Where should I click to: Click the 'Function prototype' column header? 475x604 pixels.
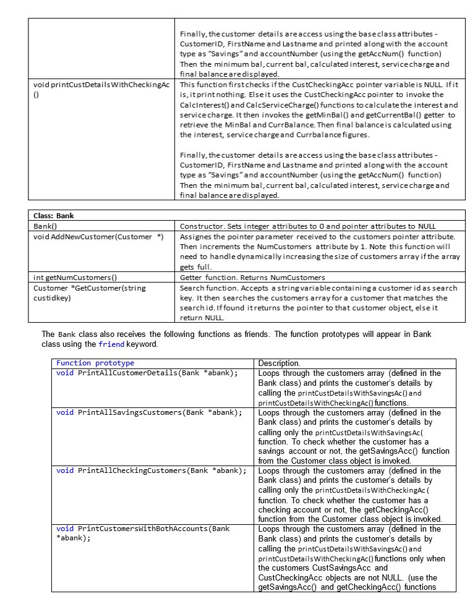tap(95, 363)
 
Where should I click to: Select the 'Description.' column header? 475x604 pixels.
tap(279, 364)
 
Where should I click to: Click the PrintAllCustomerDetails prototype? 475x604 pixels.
tap(147, 373)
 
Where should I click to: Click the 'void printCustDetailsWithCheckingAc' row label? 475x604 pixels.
tap(101, 85)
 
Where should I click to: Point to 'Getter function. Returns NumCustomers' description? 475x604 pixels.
tap(252, 277)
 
